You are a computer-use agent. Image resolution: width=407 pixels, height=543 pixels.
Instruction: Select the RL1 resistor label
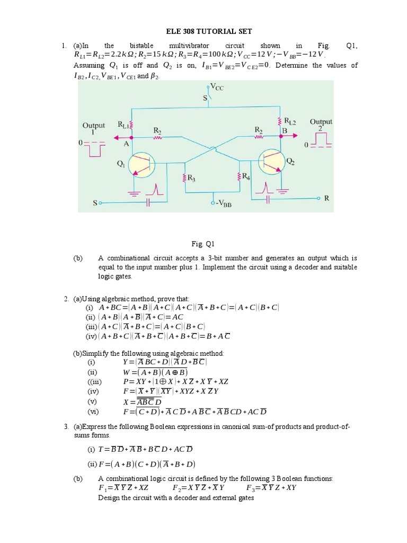pos(123,125)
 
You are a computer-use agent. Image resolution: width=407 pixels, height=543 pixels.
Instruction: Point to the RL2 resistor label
pos(289,121)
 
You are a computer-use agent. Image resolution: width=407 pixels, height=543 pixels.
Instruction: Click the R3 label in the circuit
pos(192,179)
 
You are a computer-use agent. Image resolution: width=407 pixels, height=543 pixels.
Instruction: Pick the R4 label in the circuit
pos(245,177)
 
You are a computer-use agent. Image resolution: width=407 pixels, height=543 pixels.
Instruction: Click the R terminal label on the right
pos(327,198)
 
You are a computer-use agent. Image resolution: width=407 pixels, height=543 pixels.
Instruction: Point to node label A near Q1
pos(127,143)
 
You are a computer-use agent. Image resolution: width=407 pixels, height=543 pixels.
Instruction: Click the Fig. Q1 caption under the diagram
pos(203,244)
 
